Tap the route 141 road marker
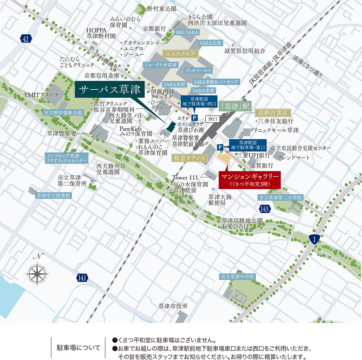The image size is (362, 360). click(82, 278)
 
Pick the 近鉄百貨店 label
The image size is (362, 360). click(273, 111)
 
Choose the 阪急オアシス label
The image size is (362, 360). click(189, 157)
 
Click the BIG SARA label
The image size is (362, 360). click(187, 32)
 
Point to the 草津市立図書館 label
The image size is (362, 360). click(53, 195)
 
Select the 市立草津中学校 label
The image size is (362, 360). click(238, 276)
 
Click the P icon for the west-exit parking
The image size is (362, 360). click(195, 118)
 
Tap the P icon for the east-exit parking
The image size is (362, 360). click(220, 147)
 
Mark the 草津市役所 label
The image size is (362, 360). click(173, 306)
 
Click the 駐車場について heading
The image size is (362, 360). click(79, 348)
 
